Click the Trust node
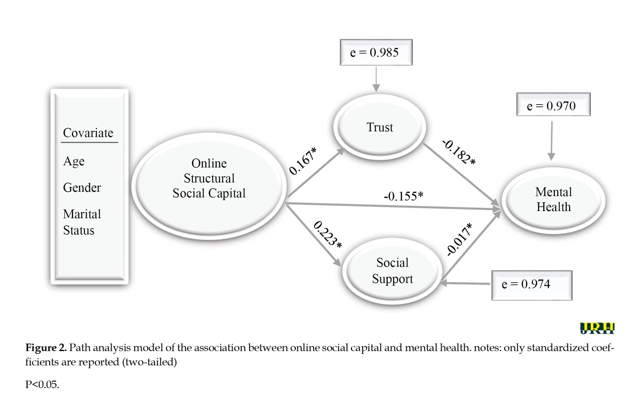click(x=380, y=127)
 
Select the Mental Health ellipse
click(x=553, y=200)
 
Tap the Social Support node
click(x=392, y=271)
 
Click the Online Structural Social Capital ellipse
click(x=209, y=185)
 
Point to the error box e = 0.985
click(x=376, y=52)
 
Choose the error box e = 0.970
click(x=553, y=105)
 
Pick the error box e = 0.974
click(x=532, y=285)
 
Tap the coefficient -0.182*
click(x=459, y=153)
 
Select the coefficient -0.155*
click(x=403, y=196)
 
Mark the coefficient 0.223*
click(x=327, y=234)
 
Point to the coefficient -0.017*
click(x=459, y=239)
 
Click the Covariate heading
click(x=88, y=133)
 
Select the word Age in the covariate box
click(x=74, y=161)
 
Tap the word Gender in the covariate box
click(x=82, y=188)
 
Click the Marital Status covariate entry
click(x=82, y=222)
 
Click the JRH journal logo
click(x=597, y=328)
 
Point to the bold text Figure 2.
click(x=46, y=348)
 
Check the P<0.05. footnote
click(x=42, y=384)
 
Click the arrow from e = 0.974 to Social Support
click(x=466, y=283)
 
